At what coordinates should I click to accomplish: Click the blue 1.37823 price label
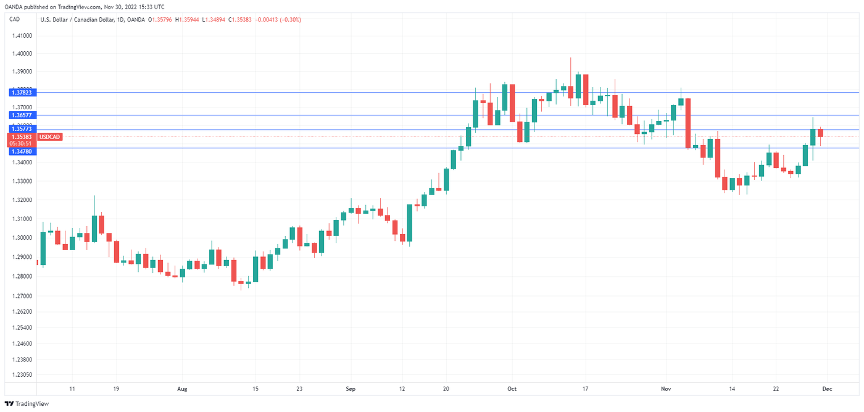pyautogui.click(x=22, y=92)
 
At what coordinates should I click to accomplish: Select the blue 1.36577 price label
pyautogui.click(x=22, y=115)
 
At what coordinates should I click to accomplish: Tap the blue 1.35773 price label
pyautogui.click(x=22, y=129)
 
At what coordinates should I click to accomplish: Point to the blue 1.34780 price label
pyautogui.click(x=22, y=151)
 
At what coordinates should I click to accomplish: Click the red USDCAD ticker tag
pyautogui.click(x=50, y=137)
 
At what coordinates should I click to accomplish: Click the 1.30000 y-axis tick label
pyautogui.click(x=23, y=238)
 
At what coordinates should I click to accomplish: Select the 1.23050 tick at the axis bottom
pyautogui.click(x=23, y=374)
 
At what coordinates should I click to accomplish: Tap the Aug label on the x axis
pyautogui.click(x=181, y=389)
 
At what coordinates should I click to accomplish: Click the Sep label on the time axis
pyautogui.click(x=351, y=389)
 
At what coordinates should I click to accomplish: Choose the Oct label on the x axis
pyautogui.click(x=512, y=389)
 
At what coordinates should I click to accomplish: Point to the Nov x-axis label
pyautogui.click(x=666, y=389)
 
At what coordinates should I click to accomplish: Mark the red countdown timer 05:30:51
pyautogui.click(x=22, y=143)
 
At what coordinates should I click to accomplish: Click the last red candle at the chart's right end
pyautogui.click(x=820, y=133)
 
